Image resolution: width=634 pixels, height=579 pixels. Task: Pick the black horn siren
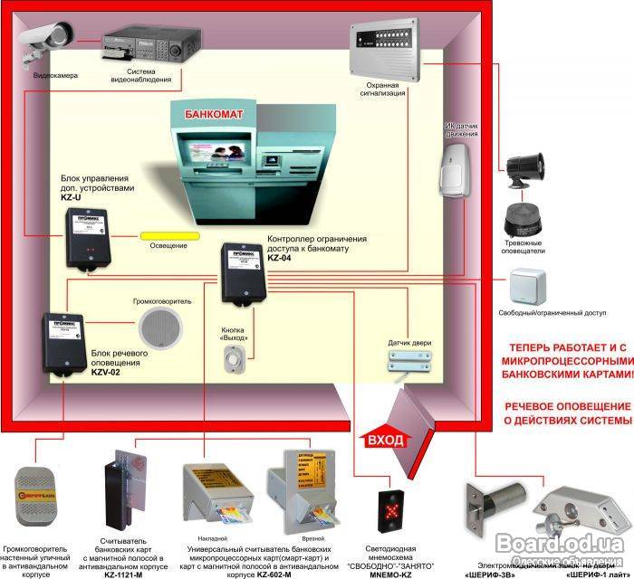(524, 169)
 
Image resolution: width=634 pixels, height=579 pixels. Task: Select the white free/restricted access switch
(527, 287)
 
